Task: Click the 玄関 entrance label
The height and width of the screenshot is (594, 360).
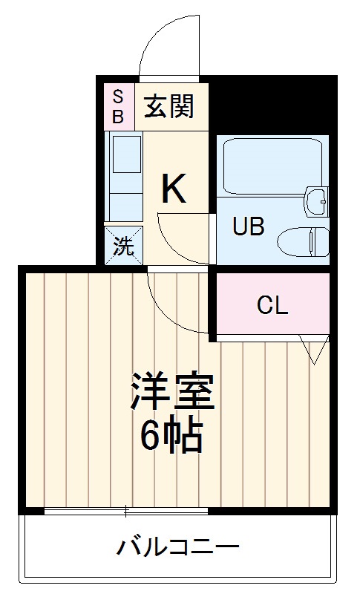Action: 168,106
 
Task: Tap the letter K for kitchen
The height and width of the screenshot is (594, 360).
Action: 174,190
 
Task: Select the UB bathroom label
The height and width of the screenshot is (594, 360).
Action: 249,226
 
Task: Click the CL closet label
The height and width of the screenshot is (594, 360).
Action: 272,304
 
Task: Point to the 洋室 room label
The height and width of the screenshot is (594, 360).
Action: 173,392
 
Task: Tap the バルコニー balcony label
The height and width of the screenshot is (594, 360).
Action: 178,549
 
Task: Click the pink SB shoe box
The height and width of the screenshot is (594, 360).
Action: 118,106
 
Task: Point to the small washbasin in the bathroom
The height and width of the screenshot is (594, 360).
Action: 318,200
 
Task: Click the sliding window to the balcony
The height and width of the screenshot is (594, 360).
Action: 126,511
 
